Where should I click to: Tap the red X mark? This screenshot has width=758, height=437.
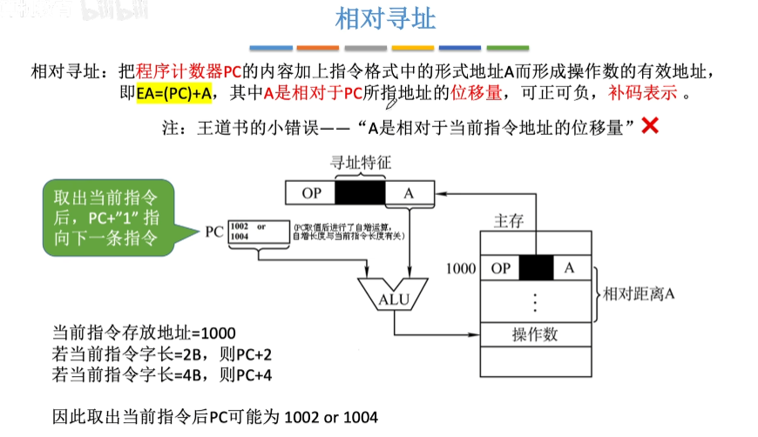(x=649, y=126)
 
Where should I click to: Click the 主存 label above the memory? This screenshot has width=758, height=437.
(x=508, y=221)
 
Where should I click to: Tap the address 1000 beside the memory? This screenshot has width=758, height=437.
(x=460, y=268)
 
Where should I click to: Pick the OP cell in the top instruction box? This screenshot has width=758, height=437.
(x=311, y=193)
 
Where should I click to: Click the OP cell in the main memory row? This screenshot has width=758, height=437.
(x=501, y=268)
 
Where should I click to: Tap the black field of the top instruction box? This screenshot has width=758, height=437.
(x=360, y=193)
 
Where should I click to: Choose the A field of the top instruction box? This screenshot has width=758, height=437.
(x=408, y=193)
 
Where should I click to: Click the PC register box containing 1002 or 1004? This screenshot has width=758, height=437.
(x=259, y=232)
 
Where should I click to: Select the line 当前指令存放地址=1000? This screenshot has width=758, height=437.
(x=144, y=333)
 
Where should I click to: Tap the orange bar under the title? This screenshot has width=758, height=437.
(x=318, y=47)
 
